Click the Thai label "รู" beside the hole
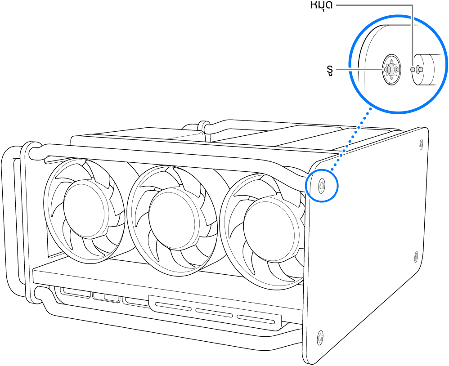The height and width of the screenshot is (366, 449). tap(331, 70)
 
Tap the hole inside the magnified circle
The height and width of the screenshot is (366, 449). tap(391, 70)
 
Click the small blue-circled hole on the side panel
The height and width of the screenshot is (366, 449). tap(321, 184)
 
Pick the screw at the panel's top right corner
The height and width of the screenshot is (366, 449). tap(421, 144)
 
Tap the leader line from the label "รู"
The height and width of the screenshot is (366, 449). tap(360, 70)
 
